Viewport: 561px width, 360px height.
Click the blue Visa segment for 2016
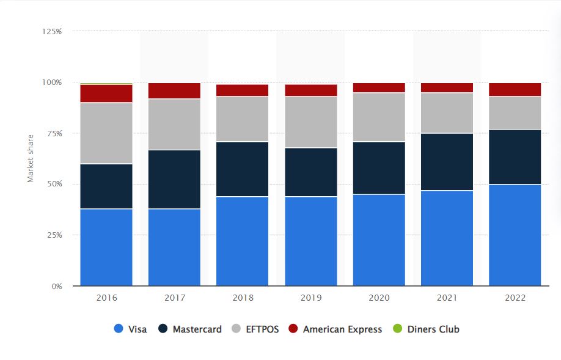coord(106,247)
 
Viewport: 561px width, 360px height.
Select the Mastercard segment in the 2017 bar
coord(174,179)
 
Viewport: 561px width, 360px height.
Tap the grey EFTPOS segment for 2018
coord(242,119)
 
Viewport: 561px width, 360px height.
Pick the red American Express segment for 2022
coord(515,89)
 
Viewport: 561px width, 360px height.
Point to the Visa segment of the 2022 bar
coord(515,235)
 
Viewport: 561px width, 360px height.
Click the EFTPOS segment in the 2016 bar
coord(106,133)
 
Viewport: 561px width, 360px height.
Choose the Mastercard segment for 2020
coord(379,167)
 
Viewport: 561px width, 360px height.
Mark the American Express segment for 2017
coord(174,90)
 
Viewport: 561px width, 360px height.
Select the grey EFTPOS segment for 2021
coord(447,112)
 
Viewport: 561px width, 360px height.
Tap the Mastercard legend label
coord(197,329)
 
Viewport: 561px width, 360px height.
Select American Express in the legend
coord(342,329)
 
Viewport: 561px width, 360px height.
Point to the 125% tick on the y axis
coord(53,31)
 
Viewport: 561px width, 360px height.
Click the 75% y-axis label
coord(54,133)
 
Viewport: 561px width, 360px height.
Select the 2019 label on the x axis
coord(310,298)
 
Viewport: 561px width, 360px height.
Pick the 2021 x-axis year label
coord(447,298)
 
